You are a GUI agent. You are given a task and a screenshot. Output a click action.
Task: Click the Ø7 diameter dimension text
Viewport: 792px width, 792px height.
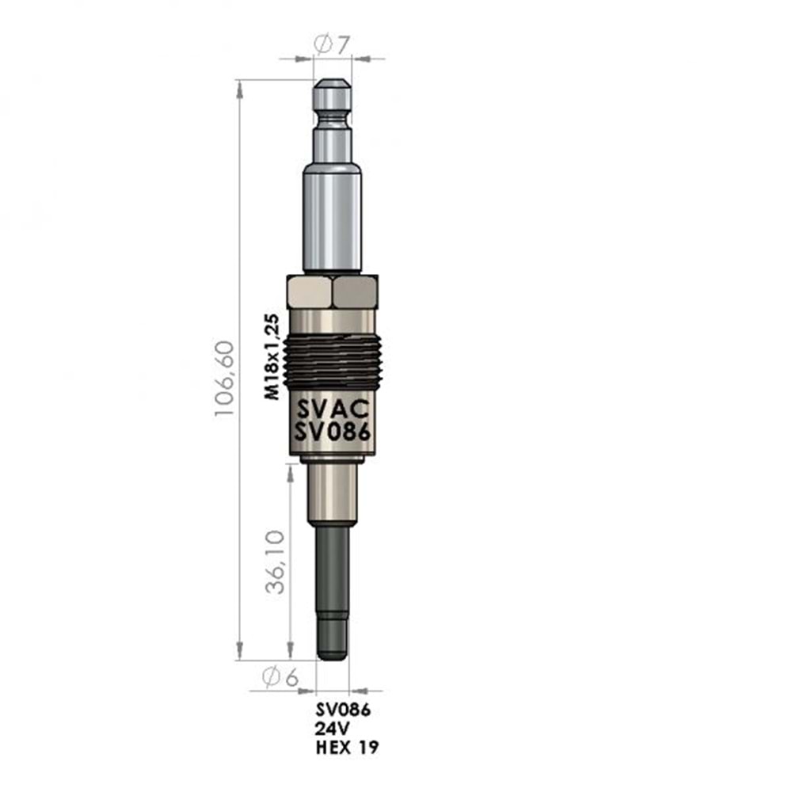click(x=332, y=44)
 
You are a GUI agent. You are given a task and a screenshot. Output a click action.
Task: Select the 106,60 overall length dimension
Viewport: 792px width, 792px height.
click(x=225, y=379)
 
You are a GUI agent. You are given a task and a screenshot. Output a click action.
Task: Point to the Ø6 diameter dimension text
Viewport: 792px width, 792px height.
click(x=280, y=677)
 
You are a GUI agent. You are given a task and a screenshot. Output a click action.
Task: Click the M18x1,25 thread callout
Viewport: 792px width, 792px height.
click(x=272, y=356)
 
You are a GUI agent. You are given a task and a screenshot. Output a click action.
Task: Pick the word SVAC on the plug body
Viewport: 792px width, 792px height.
click(x=333, y=409)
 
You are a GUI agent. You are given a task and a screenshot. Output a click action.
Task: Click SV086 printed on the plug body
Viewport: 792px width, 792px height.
click(x=333, y=432)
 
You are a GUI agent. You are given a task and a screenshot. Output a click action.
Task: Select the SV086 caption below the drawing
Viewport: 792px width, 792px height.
click(x=344, y=710)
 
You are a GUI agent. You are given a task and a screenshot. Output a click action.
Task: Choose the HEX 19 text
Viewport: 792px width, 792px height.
click(x=347, y=747)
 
